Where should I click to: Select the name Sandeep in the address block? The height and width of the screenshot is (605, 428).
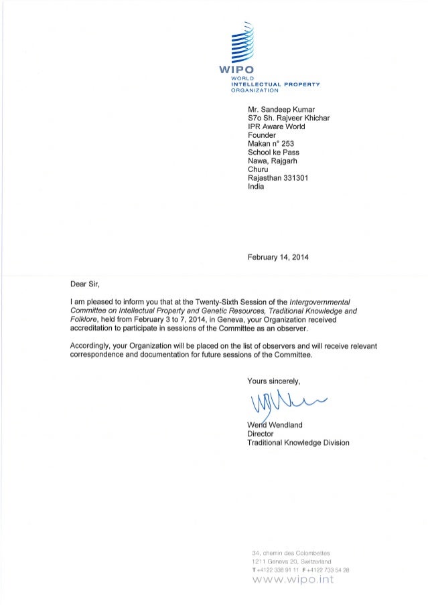(x=279, y=110)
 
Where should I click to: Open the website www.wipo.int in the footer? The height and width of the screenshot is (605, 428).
(x=289, y=580)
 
